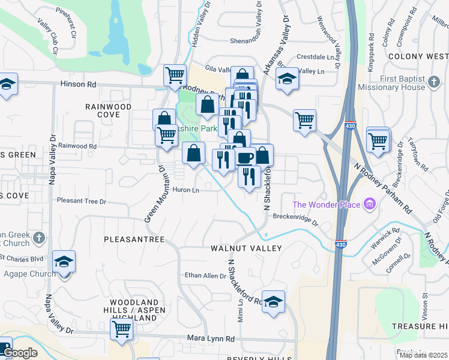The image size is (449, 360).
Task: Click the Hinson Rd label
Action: point(79,85)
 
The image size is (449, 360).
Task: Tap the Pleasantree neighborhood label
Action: point(134,239)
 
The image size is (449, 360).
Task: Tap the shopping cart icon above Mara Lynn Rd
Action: point(121,329)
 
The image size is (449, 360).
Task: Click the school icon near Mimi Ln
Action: point(273,303)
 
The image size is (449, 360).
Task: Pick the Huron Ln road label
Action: point(186,190)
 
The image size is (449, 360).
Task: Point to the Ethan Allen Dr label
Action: point(205,276)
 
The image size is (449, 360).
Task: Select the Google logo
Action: point(20,353)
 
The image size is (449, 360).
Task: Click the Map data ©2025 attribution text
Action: point(423,355)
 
